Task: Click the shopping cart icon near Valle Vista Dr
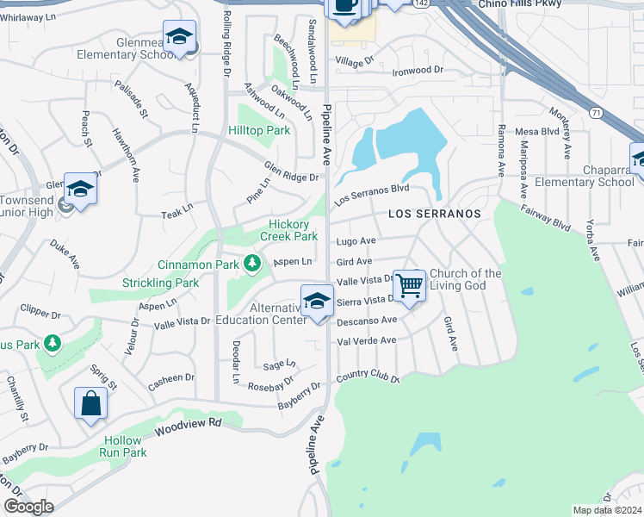click(x=409, y=284)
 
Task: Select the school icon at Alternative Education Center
click(x=317, y=302)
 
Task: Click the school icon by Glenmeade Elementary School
click(x=179, y=37)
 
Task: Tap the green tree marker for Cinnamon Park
click(x=252, y=262)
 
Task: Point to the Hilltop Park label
click(x=259, y=130)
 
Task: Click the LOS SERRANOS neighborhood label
click(x=434, y=212)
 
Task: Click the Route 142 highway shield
click(x=420, y=3)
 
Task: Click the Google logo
click(x=28, y=508)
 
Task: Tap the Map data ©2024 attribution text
click(x=606, y=510)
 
